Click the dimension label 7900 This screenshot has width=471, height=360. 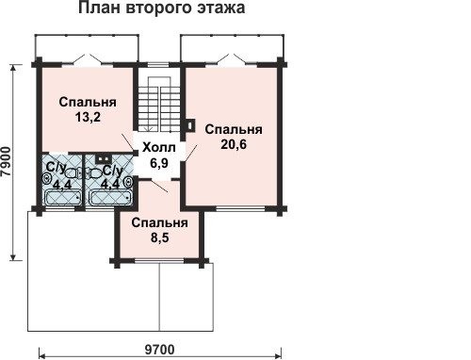click(x=8, y=163)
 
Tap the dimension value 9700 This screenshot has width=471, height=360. click(x=160, y=350)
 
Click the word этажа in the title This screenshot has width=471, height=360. click(x=221, y=8)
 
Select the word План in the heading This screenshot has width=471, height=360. click(x=100, y=8)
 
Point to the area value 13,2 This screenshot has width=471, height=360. click(x=88, y=117)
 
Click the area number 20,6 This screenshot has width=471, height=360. click(x=234, y=144)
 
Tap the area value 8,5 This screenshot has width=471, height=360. click(x=160, y=237)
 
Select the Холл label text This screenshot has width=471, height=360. click(x=159, y=147)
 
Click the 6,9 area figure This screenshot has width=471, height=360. click(x=159, y=163)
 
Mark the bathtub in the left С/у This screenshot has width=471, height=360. click(x=62, y=198)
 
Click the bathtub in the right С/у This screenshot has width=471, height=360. click(x=110, y=198)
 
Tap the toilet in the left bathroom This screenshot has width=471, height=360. click(x=73, y=173)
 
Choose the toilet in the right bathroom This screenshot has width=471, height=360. click(x=93, y=173)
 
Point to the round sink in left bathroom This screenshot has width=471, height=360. click(x=46, y=180)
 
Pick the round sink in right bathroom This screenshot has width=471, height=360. click(x=129, y=182)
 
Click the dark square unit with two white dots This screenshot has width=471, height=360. click(x=102, y=159)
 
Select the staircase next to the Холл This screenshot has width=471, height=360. click(x=159, y=104)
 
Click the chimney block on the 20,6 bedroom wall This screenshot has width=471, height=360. click(x=190, y=125)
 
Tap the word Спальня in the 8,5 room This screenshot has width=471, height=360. click(x=160, y=223)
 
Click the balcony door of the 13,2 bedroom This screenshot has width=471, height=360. click(x=88, y=60)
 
